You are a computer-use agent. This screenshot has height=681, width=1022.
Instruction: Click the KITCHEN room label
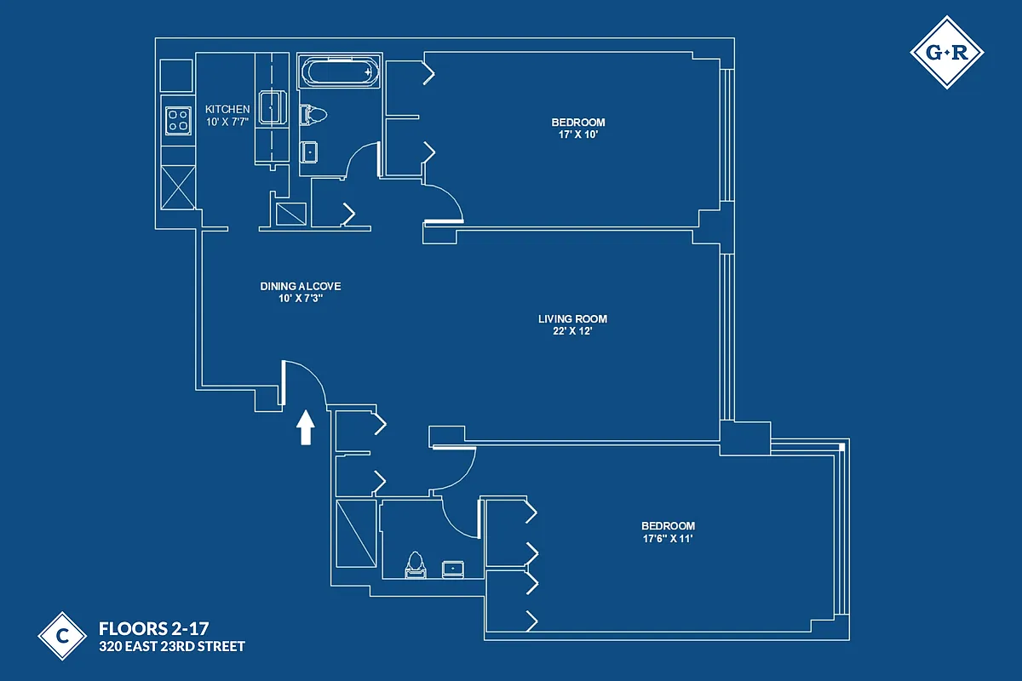coord(227,110)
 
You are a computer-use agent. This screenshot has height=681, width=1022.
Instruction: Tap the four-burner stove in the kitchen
coord(178,120)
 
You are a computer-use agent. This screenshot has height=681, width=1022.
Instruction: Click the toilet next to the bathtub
coord(313,114)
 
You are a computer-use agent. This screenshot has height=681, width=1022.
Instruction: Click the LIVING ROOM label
coord(572,319)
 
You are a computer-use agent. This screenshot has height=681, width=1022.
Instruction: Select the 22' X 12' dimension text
coord(572,331)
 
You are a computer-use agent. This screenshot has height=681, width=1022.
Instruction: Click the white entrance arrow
coord(305,427)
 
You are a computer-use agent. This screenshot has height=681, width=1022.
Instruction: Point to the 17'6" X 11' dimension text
coord(668,538)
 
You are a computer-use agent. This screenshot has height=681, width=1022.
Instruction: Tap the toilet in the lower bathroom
coord(416,565)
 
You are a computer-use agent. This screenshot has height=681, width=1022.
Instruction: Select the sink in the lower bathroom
coord(451,569)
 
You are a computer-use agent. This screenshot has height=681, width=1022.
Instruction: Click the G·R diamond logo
coord(946,53)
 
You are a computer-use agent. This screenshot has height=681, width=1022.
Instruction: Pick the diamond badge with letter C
coord(62,635)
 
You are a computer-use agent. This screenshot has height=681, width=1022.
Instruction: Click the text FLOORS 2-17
coord(153,629)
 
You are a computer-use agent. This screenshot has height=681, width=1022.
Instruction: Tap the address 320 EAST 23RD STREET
coord(172,647)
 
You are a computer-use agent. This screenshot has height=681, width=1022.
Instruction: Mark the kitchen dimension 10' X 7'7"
coord(227,122)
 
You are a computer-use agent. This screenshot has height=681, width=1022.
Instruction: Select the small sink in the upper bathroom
coord(310,152)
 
